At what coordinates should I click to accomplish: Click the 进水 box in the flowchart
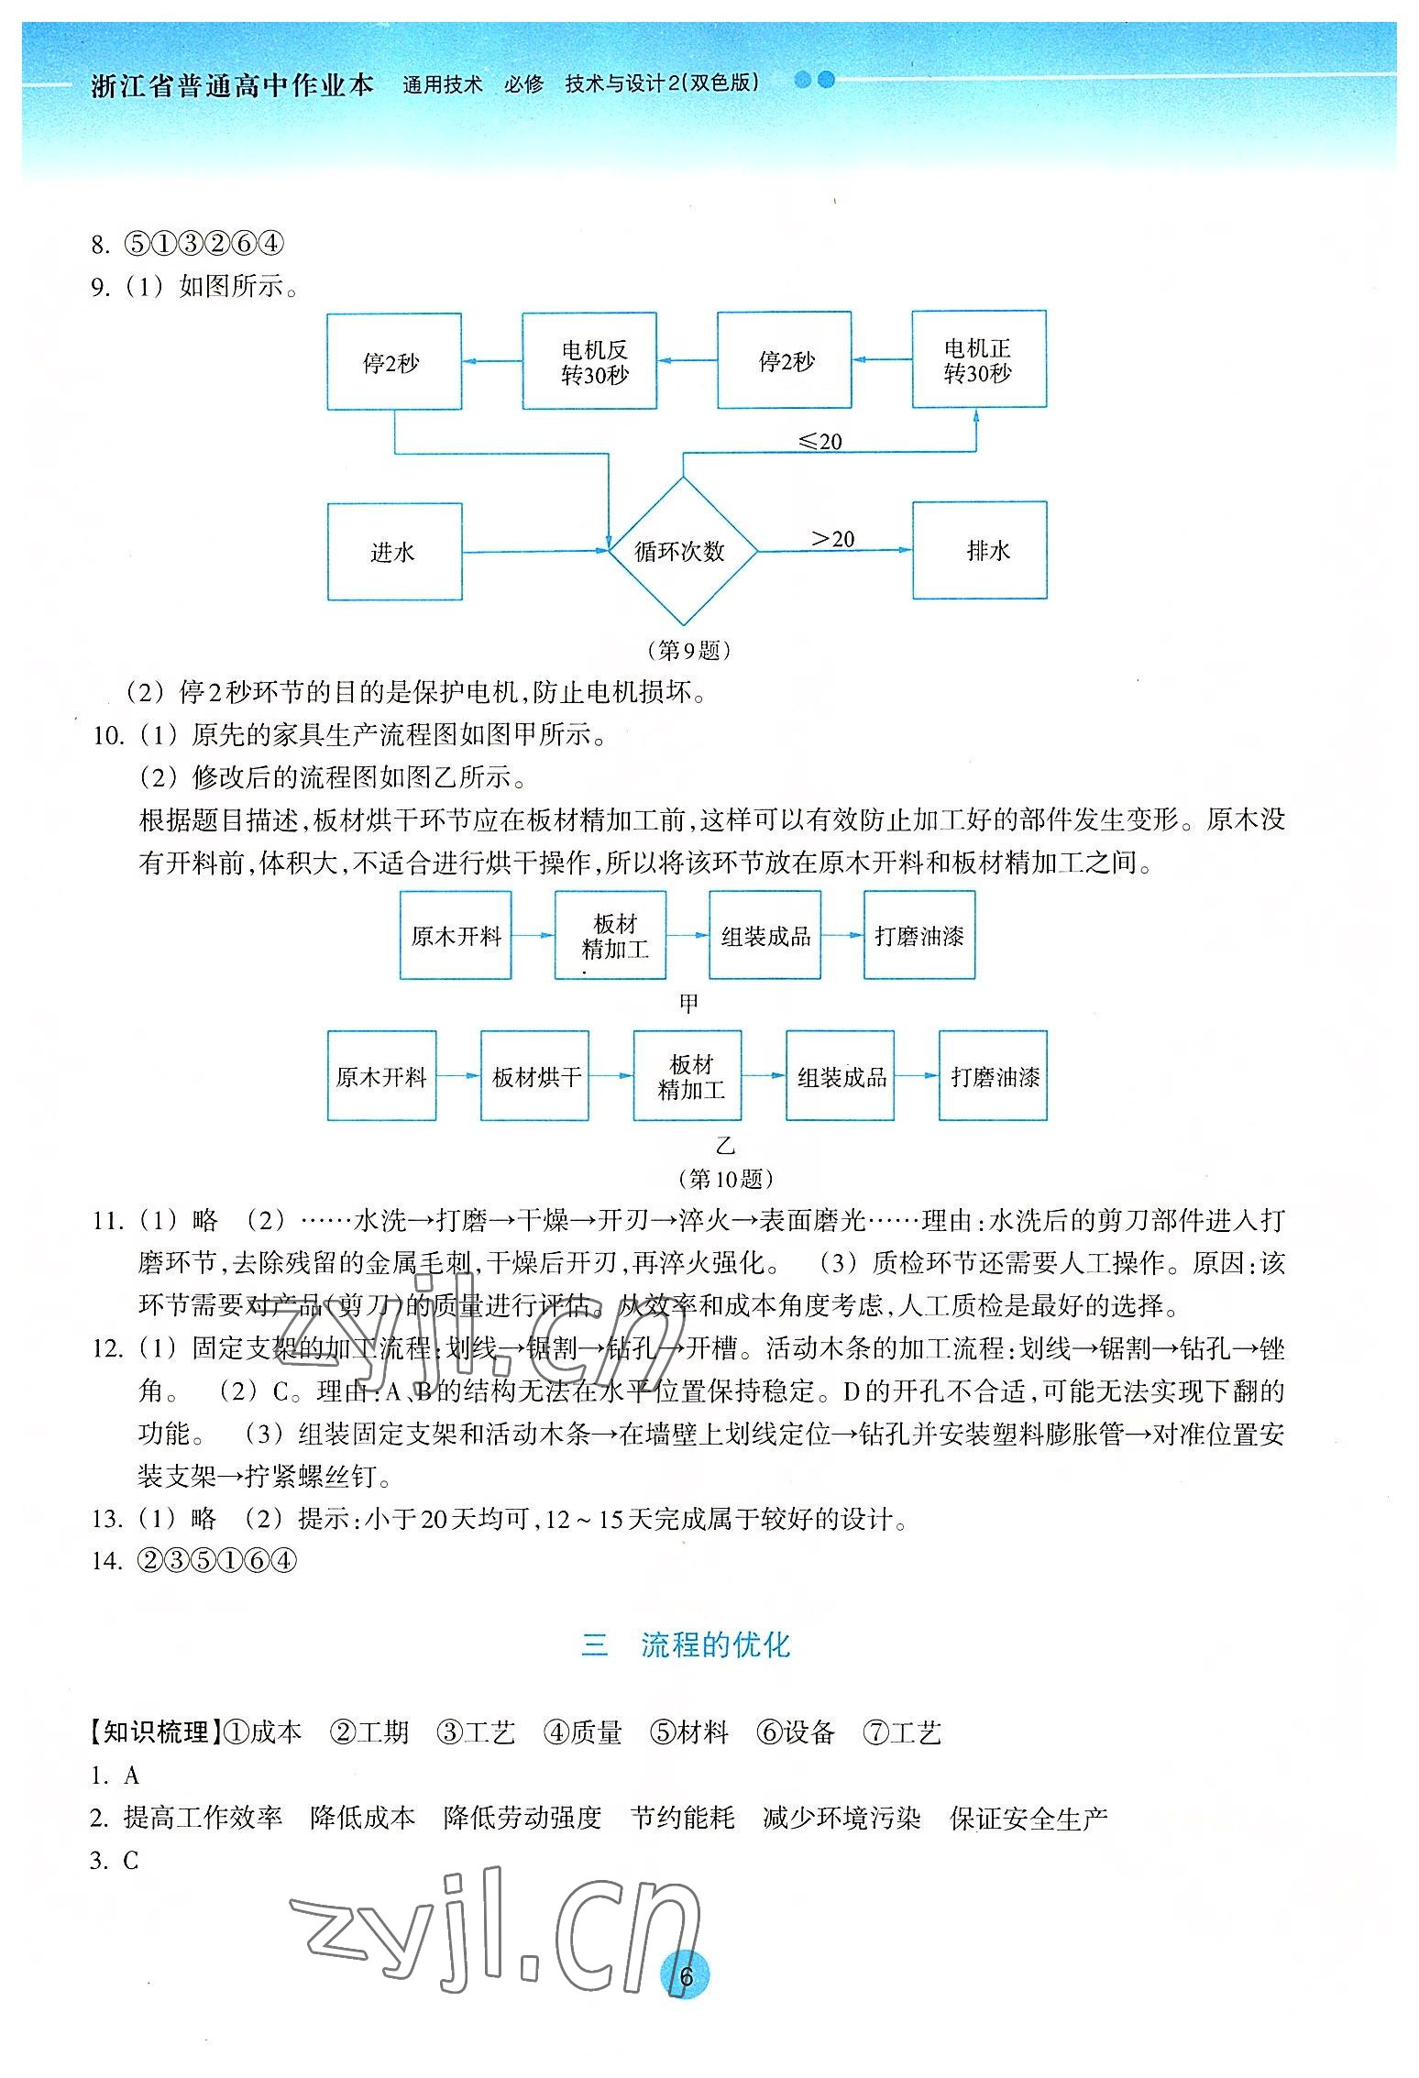[394, 552]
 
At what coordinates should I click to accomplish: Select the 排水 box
[979, 550]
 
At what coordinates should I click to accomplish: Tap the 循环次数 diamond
[682, 551]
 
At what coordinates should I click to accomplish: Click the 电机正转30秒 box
[979, 360]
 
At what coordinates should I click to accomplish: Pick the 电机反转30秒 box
[589, 361]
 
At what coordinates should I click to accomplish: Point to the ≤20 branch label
[819, 442]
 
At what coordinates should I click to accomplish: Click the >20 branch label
[832, 538]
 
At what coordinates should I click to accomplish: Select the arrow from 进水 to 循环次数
[535, 551]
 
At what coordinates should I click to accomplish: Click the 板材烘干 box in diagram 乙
[534, 1076]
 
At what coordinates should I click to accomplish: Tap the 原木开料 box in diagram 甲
[456, 936]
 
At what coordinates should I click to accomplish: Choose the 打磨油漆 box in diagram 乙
[993, 1076]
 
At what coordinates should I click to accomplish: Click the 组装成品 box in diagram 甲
[764, 936]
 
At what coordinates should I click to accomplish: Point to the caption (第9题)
[689, 650]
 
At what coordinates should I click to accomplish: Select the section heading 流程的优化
[715, 1645]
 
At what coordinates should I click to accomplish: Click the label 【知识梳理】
[152, 1732]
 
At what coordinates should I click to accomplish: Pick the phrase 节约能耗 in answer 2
[683, 1818]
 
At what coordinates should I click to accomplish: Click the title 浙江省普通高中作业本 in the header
[233, 85]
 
